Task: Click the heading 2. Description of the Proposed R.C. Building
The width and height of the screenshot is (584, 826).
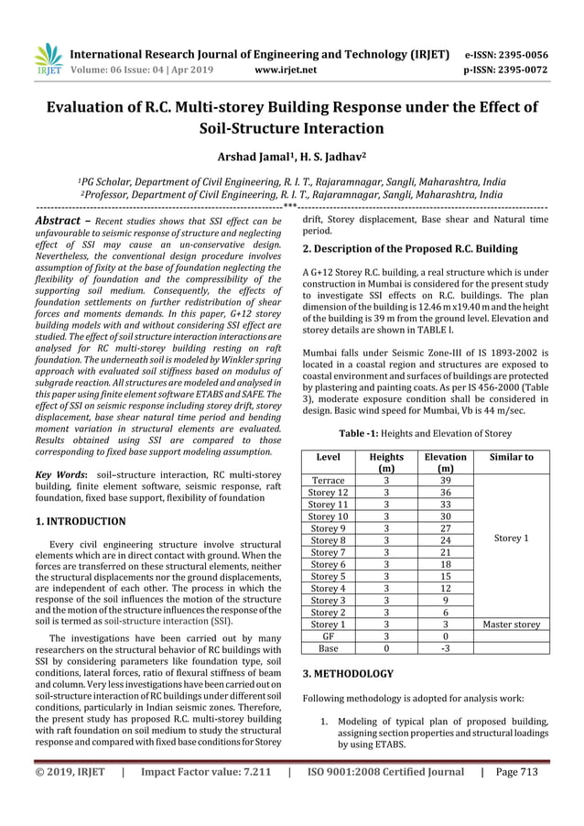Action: [409, 248]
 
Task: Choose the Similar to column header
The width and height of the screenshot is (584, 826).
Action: [512, 456]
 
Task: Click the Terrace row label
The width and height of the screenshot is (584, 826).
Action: [328, 480]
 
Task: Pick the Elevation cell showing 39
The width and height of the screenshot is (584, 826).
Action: [445, 480]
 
